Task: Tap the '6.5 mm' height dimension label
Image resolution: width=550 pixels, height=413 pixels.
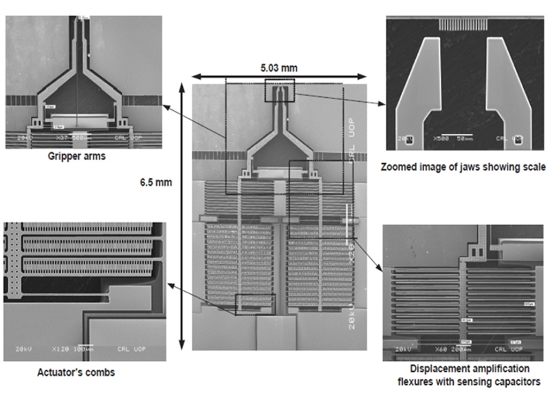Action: pos(155,182)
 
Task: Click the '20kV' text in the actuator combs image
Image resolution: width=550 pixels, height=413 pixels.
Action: pos(25,349)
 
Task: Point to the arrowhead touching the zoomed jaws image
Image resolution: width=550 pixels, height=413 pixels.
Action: pos(380,105)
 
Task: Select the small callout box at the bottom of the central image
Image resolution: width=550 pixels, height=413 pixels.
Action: pos(254,304)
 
